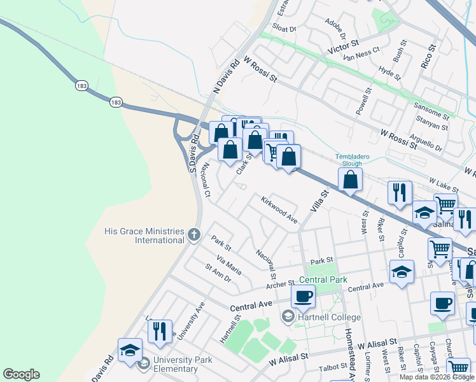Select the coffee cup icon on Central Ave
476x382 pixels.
coord(303,297)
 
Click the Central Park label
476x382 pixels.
coord(323,279)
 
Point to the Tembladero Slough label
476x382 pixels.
coord(349,159)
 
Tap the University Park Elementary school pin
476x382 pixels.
coord(143,364)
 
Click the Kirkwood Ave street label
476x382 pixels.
coord(279,209)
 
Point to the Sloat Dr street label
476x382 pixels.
coord(284,29)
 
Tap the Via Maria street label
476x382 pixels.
coord(229,264)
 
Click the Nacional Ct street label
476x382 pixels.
coord(207,178)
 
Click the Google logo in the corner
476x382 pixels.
coord(21,374)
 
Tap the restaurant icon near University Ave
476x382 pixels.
coord(160,331)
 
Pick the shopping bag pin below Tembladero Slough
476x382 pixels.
coord(350,181)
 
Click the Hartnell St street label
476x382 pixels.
coord(229,329)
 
